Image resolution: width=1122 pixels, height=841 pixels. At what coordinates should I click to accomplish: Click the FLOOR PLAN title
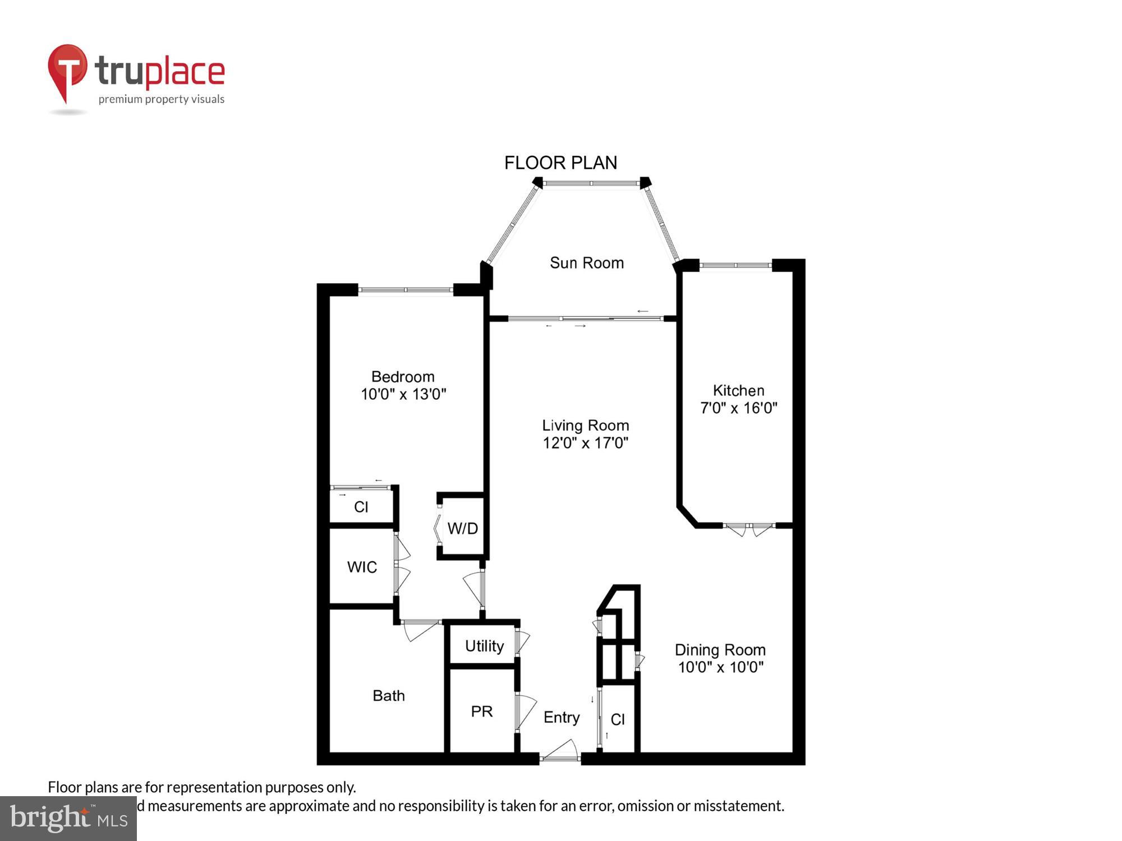[x=560, y=163]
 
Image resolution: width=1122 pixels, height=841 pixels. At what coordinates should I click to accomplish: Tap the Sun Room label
[x=586, y=262]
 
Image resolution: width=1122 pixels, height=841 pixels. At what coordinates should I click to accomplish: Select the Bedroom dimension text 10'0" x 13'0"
[x=403, y=394]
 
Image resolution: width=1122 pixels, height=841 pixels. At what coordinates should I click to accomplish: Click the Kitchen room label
[x=738, y=390]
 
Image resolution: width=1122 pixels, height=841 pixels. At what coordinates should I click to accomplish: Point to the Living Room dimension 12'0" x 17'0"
[x=585, y=443]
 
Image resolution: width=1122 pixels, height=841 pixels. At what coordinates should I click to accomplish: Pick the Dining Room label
[x=720, y=650]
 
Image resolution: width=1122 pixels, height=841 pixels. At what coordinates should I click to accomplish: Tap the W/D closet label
[x=462, y=528]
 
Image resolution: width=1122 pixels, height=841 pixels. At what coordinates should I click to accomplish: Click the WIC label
[x=362, y=567]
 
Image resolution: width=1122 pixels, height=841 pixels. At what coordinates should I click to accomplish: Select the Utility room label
[x=484, y=646]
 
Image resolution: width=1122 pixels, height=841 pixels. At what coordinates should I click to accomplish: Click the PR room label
[x=481, y=711]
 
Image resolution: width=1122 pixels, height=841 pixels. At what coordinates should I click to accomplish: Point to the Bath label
[x=388, y=695]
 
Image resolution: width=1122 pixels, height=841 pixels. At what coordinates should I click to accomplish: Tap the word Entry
[x=561, y=717]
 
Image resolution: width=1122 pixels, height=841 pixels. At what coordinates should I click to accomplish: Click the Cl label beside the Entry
[x=618, y=719]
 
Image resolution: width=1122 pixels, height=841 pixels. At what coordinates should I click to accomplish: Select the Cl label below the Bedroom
[x=361, y=507]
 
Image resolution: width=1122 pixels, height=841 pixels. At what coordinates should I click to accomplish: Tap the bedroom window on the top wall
[x=406, y=290]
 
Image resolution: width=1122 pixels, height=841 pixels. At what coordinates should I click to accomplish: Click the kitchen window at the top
[x=735, y=265]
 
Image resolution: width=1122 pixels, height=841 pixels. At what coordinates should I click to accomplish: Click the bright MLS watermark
[x=68, y=819]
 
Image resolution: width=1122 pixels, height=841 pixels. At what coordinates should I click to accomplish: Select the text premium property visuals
[x=162, y=99]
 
